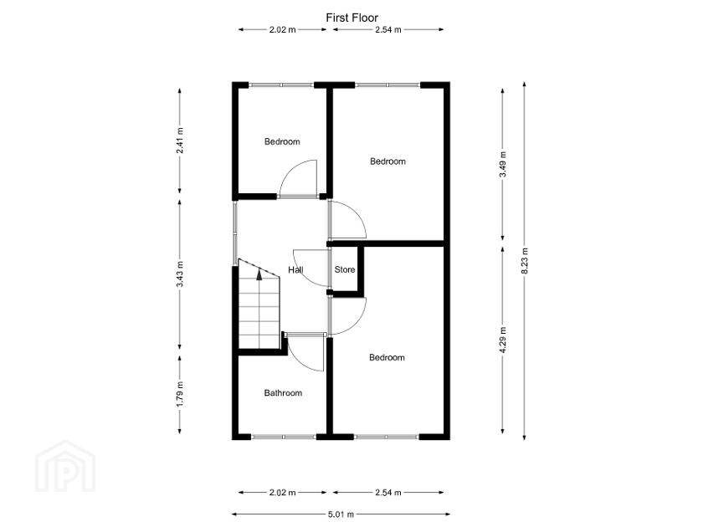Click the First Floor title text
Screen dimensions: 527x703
(351, 17)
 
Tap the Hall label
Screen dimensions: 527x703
(295, 270)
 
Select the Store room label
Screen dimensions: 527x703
(345, 270)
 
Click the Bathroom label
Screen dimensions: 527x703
(283, 392)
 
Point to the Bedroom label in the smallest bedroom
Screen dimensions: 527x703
(282, 141)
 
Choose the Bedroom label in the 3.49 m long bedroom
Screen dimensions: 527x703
(387, 161)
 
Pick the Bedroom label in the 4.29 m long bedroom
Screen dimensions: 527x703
(387, 357)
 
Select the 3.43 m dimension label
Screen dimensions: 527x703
(180, 274)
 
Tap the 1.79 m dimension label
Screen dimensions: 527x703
(180, 394)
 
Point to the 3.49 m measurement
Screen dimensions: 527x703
(502, 162)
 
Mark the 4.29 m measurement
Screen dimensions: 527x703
(502, 341)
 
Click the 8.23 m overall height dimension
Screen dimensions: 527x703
(525, 260)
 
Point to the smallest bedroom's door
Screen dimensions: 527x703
(298, 177)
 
